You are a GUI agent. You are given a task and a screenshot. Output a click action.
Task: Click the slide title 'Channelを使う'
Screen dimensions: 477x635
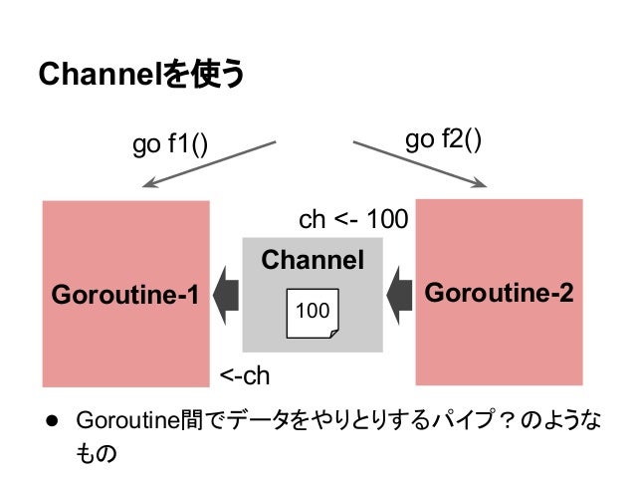pos(139,76)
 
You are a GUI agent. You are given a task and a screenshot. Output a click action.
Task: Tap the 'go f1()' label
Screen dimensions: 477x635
pos(170,146)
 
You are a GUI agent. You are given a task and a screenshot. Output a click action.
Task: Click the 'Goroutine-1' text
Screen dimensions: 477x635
pos(124,295)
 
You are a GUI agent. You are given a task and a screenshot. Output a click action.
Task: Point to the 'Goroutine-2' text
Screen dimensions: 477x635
pos(499,293)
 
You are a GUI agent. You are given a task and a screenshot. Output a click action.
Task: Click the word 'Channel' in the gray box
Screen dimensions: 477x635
pos(312,261)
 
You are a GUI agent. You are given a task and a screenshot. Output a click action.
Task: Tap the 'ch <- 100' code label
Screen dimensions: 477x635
pos(353,219)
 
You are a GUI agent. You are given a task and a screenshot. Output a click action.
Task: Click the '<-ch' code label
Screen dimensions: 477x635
pos(245,375)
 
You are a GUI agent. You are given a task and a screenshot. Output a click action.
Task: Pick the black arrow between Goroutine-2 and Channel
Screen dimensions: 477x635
pos(399,292)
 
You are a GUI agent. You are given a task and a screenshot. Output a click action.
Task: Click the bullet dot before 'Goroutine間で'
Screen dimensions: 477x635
pos(46,421)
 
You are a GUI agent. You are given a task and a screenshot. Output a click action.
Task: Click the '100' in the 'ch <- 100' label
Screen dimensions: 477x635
pos(388,219)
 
